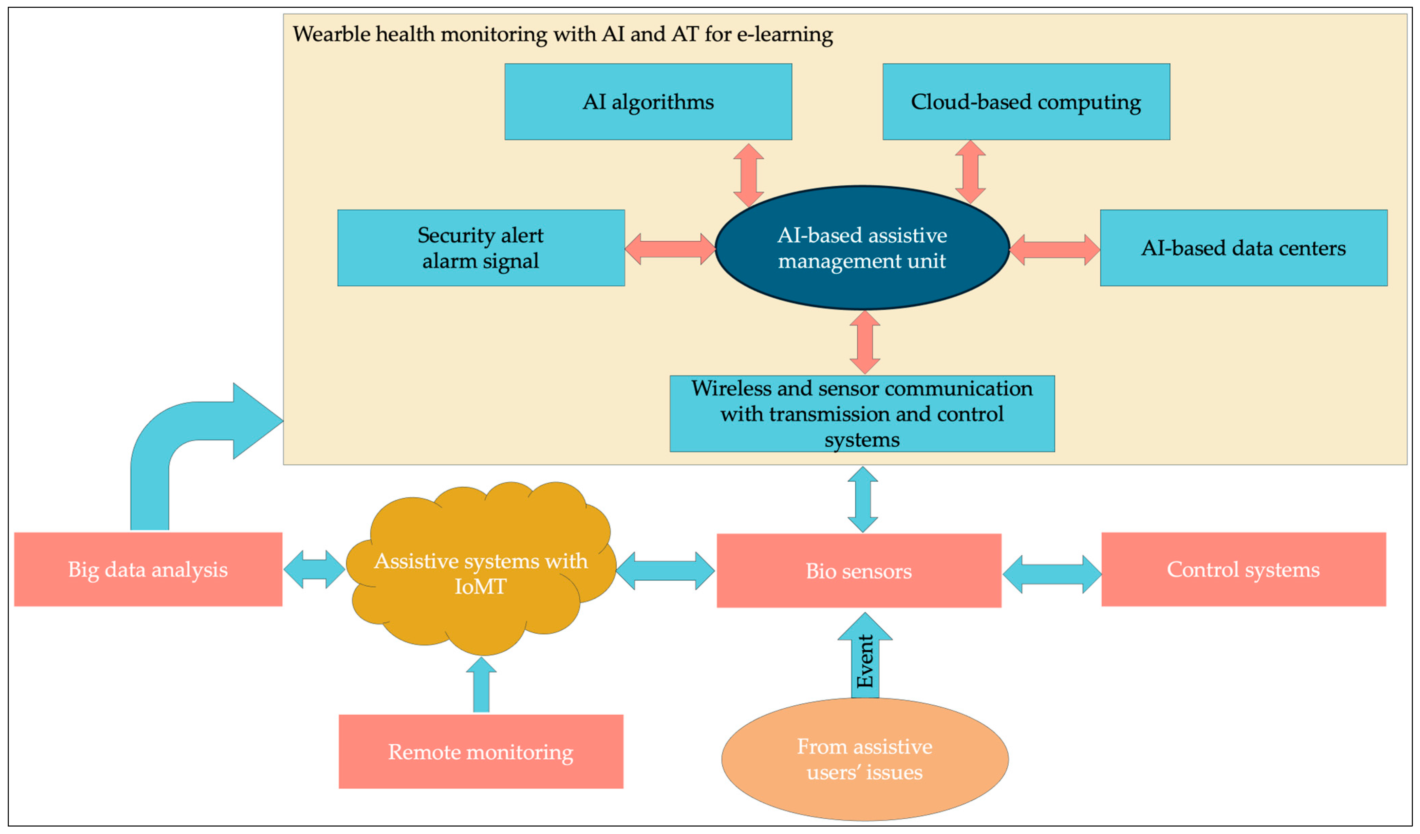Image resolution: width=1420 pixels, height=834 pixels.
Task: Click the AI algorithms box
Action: [648, 101]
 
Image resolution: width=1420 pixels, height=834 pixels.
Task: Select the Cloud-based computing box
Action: [1026, 101]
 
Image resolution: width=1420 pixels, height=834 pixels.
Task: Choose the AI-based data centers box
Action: [1244, 248]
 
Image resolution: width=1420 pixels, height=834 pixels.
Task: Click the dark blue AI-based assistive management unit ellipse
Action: [862, 248]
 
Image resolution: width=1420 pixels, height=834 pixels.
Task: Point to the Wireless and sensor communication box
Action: [862, 414]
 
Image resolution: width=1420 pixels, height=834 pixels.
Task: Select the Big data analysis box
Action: [148, 569]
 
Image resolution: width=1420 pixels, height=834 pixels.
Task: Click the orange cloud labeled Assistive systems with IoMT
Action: [481, 569]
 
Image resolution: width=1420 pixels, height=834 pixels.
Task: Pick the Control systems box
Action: [1244, 569]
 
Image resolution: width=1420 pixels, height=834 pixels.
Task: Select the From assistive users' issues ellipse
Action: [865, 759]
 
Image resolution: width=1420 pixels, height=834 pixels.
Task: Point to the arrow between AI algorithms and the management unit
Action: [748, 175]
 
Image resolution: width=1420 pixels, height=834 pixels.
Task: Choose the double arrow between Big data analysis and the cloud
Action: [314, 569]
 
